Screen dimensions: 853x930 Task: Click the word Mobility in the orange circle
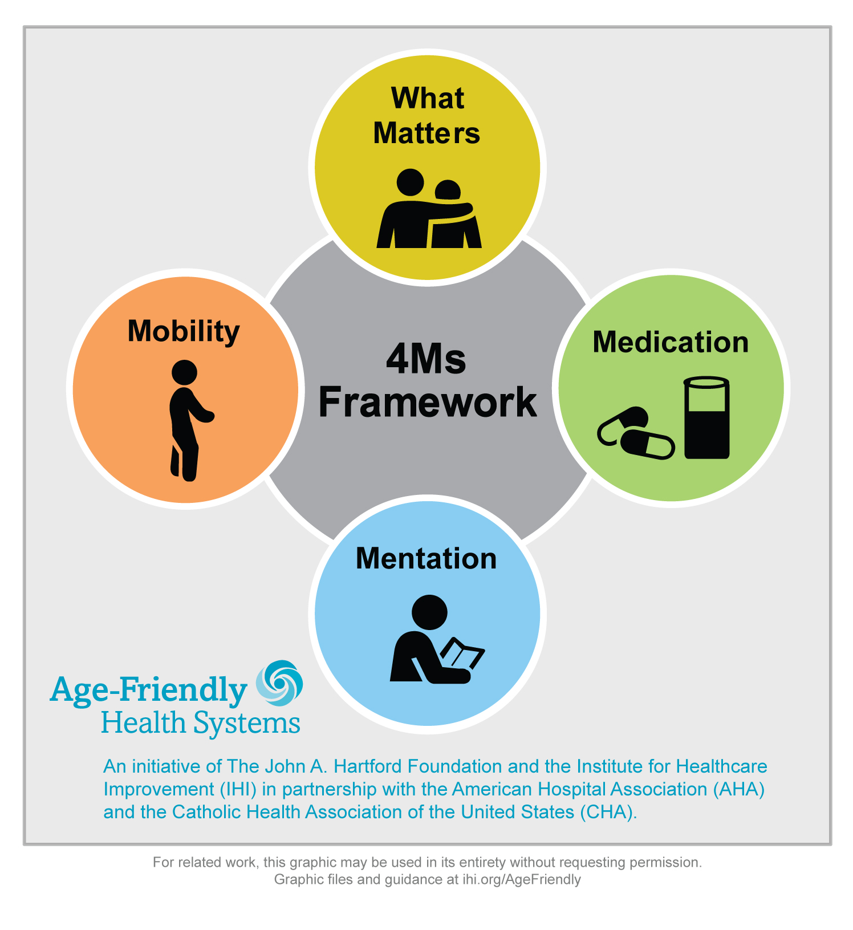[x=184, y=331]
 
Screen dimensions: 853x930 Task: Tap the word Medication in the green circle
[x=671, y=342]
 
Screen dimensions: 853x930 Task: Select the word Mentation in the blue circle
[x=426, y=558]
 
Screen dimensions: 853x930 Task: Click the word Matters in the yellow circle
[x=426, y=133]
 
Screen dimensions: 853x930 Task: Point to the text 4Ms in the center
[x=426, y=359]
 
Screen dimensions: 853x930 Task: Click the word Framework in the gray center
[x=428, y=402]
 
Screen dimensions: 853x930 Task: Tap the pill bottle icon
[x=706, y=417]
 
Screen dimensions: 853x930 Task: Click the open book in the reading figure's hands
[x=462, y=654]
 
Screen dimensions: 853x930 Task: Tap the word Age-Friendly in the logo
[x=149, y=691]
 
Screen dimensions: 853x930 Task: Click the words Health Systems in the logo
[x=201, y=723]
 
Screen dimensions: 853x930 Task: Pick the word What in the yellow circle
[x=428, y=98]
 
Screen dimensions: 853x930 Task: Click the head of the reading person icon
[x=429, y=613]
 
